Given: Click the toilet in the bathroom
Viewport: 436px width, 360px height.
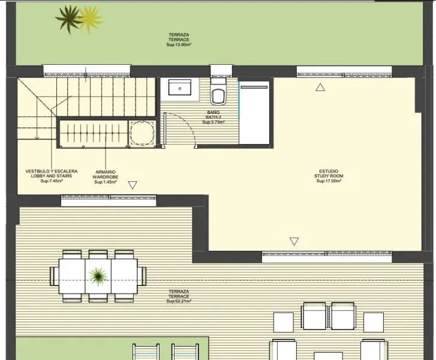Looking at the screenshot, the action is click(x=218, y=92).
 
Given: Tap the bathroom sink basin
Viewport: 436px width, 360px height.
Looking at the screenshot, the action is click(x=180, y=88).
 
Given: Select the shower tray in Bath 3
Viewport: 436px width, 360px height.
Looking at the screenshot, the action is click(x=254, y=113).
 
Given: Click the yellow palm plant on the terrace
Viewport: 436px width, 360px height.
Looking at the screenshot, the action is click(x=91, y=19).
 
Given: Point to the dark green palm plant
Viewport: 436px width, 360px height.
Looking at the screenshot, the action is click(x=68, y=19).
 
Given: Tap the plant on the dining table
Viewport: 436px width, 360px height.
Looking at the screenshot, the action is click(x=98, y=276).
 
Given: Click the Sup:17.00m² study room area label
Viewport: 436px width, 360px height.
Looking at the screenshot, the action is click(x=329, y=181).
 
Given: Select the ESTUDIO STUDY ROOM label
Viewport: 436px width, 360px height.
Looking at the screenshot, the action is click(x=329, y=173).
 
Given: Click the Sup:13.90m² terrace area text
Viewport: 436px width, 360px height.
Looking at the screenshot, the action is click(x=179, y=44).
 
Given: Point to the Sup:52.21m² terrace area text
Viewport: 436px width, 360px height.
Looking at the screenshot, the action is click(x=179, y=301).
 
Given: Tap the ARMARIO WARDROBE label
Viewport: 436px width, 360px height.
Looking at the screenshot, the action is click(x=106, y=175).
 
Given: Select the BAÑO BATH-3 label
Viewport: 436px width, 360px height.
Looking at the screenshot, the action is click(x=214, y=115).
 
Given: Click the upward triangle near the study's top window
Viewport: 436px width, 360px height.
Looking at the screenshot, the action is click(x=320, y=88).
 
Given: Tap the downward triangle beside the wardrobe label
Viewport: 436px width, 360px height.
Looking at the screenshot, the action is click(x=133, y=185).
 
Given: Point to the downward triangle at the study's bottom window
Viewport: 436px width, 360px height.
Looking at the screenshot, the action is click(x=294, y=241).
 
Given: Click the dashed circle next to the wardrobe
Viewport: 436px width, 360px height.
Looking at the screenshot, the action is click(x=142, y=133).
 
